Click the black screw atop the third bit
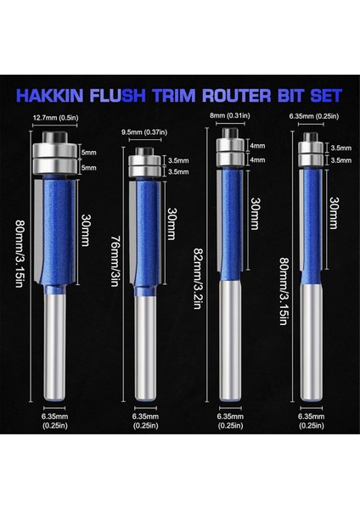pos(227,132)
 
